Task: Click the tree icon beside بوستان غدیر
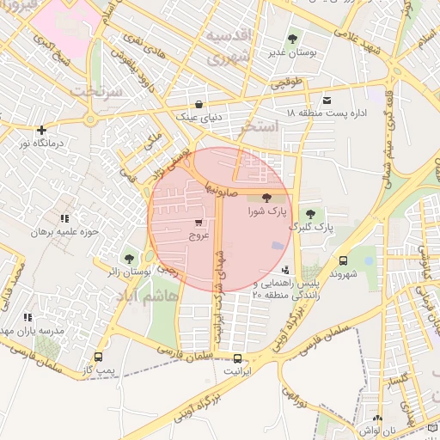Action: tap(292, 39)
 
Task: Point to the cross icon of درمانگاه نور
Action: tap(41, 130)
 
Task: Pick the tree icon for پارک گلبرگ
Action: tap(310, 214)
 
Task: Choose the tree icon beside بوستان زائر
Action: tap(129, 258)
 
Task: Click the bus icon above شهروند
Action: tap(344, 260)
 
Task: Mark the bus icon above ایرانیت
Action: tap(237, 359)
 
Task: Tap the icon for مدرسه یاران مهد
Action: tap(28, 318)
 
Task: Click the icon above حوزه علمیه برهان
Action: tap(64, 220)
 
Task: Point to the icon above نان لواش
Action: tap(378, 417)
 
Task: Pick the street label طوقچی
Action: tap(288, 84)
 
